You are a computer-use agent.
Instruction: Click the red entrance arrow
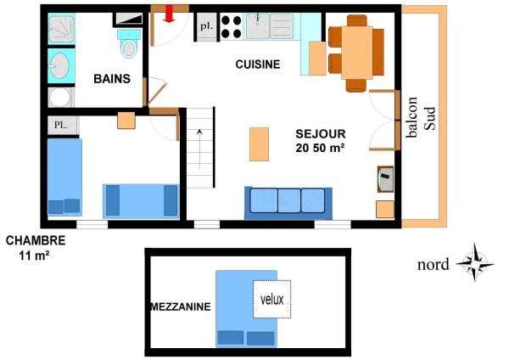(x=169, y=14)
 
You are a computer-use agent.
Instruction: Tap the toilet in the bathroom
(x=129, y=43)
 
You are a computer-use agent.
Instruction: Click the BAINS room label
(x=112, y=79)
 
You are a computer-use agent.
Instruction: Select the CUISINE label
(x=258, y=65)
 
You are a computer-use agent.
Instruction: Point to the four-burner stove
(x=231, y=26)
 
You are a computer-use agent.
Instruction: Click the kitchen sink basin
(x=258, y=26)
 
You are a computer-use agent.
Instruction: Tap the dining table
(x=357, y=53)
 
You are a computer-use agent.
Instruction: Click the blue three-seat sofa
(x=288, y=203)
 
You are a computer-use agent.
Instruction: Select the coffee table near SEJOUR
(x=259, y=144)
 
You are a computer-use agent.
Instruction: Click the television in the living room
(x=385, y=179)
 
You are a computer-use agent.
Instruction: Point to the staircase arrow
(x=199, y=149)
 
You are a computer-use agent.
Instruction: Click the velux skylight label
(x=272, y=299)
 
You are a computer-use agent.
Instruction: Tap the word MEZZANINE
(x=181, y=307)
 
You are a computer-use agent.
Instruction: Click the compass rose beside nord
(x=475, y=263)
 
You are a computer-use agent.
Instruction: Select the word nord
(x=433, y=264)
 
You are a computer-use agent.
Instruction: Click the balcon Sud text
(x=421, y=117)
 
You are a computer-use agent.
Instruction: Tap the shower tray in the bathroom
(x=61, y=30)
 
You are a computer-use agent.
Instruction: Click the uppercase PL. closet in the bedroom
(x=63, y=126)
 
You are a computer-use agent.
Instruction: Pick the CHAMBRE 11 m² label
(x=36, y=248)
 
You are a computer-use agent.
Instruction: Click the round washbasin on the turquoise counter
(x=59, y=65)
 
